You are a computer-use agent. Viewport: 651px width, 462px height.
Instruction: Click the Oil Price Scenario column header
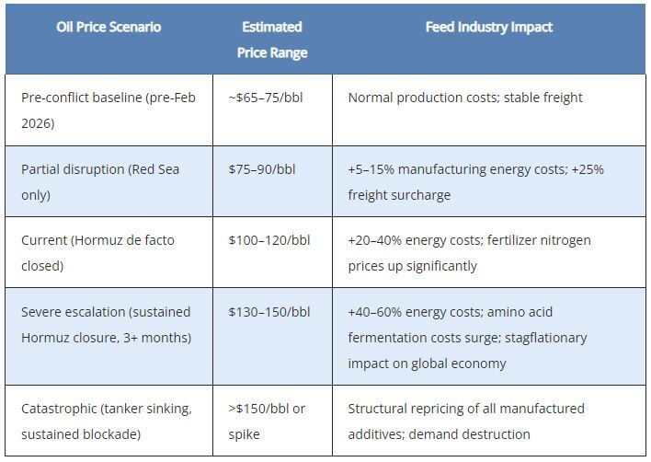pos(108,27)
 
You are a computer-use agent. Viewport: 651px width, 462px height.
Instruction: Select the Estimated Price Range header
pos(272,40)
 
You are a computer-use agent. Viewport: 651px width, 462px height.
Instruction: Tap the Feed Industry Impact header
pos(488,27)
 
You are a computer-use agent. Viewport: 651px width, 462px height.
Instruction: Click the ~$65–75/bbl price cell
pos(265,98)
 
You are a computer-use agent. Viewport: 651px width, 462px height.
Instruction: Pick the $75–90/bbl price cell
pos(262,169)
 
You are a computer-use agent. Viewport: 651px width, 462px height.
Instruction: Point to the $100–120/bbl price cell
pos(269,240)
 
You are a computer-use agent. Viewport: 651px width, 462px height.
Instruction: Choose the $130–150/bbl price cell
pos(269,312)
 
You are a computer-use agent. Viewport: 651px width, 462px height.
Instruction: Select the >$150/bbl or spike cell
pos(267,421)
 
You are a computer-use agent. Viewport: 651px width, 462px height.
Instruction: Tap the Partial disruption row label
pos(95,182)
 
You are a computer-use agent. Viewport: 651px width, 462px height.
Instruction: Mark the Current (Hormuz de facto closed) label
pos(97,253)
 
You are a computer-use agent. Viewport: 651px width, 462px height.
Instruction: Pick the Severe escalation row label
pos(106,325)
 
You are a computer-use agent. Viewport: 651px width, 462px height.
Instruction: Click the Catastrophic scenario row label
pos(106,421)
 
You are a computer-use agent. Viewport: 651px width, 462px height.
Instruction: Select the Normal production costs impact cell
pos(465,98)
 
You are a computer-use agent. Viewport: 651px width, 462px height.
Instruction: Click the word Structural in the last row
pos(380,408)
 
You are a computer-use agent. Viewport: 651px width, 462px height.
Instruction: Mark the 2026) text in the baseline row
pos(39,123)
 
